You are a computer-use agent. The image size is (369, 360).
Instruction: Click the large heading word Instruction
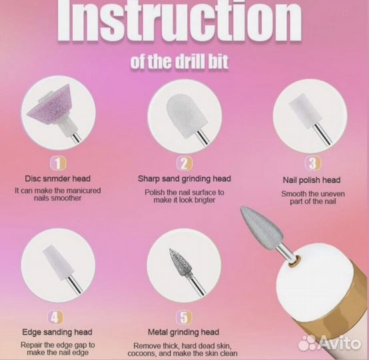(x=179, y=21)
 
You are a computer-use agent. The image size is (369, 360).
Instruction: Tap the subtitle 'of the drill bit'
(x=179, y=62)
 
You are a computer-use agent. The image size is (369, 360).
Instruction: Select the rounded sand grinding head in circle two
(x=184, y=115)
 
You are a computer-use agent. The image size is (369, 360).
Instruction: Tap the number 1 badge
(x=58, y=163)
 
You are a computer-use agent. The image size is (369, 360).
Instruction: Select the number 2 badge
(x=184, y=163)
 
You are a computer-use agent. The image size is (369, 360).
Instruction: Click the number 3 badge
(x=313, y=163)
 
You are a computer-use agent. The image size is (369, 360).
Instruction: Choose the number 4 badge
(x=55, y=317)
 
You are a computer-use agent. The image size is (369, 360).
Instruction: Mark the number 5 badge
(x=184, y=317)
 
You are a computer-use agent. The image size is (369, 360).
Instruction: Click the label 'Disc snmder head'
(x=58, y=179)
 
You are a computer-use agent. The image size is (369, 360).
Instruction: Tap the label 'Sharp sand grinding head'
(x=184, y=179)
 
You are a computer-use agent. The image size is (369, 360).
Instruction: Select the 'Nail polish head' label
(x=312, y=180)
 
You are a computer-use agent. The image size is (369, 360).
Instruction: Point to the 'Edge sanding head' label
(x=57, y=332)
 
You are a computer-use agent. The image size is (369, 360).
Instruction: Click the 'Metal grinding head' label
(x=183, y=332)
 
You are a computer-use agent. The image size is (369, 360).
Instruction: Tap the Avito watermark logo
(x=329, y=343)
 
